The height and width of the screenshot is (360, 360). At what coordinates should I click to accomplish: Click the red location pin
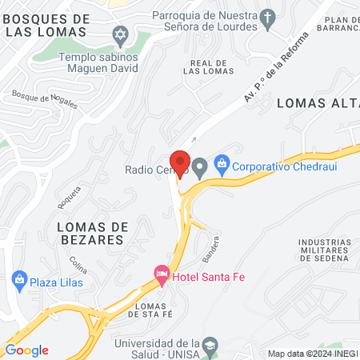click(180, 162)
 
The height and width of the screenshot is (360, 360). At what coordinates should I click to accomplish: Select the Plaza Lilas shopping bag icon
click(19, 281)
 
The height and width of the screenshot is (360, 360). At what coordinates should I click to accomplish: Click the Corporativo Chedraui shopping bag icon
click(221, 167)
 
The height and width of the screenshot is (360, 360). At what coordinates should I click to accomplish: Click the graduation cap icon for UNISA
click(210, 345)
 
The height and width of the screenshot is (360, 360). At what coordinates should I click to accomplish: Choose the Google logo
click(26, 350)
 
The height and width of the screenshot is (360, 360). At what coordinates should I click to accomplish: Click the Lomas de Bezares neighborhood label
click(91, 233)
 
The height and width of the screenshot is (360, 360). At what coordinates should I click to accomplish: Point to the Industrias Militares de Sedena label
click(323, 250)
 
